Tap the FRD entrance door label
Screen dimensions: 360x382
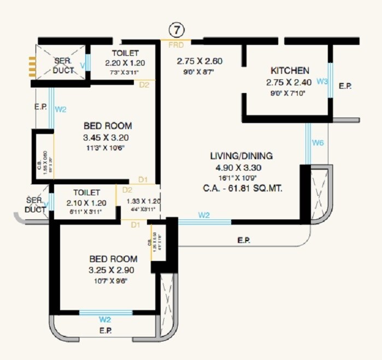[x=175, y=44]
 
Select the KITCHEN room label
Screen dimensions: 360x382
[x=290, y=71]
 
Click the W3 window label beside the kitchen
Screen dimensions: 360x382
[x=322, y=82]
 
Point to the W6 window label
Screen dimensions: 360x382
[x=318, y=143]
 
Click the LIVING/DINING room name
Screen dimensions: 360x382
[x=244, y=156]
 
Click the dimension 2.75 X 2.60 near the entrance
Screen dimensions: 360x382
[x=199, y=61]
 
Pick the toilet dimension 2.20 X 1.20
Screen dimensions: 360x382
[x=125, y=63]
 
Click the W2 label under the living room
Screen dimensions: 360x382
[x=203, y=215]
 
